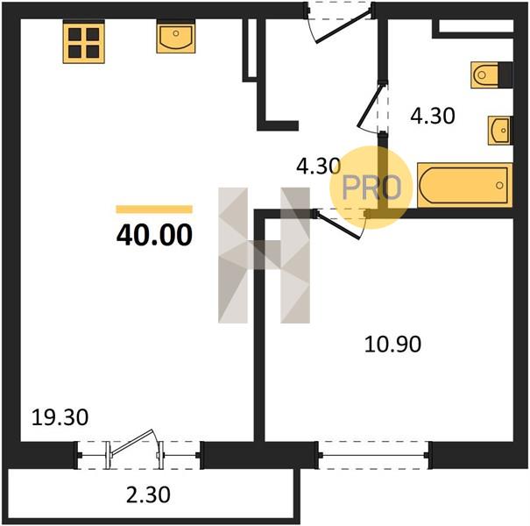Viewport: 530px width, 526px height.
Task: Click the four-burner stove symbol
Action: coord(83,41)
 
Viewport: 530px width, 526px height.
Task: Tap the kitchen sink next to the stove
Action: coord(176,37)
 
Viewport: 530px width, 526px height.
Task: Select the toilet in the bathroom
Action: coord(491,75)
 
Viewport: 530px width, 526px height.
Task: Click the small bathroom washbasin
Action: coord(499,131)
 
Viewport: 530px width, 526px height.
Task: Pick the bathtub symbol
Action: coord(465,185)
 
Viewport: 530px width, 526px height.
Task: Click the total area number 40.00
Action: coord(154,235)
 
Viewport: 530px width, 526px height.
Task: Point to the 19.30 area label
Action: coord(60,417)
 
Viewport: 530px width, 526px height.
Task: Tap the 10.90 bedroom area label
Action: coord(392,345)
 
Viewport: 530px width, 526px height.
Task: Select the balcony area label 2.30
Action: coord(148,495)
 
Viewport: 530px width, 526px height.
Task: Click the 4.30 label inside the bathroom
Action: coord(433,116)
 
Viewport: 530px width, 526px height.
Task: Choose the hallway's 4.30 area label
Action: coord(318,167)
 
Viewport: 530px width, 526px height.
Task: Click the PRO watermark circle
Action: coord(371,187)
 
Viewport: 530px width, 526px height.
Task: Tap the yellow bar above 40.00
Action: coord(154,210)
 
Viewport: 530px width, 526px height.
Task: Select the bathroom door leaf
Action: coord(371,106)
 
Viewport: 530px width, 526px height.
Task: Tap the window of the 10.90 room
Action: coord(373,455)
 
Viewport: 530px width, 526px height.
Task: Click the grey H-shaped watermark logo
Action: coord(264,255)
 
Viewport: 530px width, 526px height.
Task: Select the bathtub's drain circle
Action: coord(499,185)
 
